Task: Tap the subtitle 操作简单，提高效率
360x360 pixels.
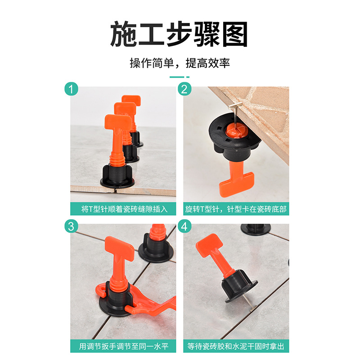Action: click(180, 63)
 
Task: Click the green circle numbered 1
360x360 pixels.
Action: click(71, 89)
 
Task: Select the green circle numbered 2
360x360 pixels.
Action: click(184, 89)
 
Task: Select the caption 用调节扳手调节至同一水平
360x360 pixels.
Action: click(123, 346)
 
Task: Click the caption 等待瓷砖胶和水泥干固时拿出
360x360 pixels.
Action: click(236, 346)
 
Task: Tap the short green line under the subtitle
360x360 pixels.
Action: click(177, 77)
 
